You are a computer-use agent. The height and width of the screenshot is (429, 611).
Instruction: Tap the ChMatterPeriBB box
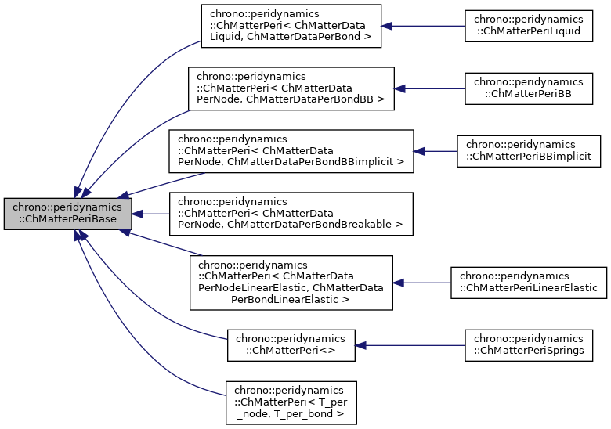[x=524, y=88]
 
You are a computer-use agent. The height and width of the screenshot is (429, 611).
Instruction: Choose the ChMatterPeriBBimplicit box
[x=529, y=150]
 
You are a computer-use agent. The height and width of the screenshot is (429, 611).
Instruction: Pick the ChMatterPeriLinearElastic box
[x=528, y=282]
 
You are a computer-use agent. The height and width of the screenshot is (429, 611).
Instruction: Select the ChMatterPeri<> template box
[x=291, y=344]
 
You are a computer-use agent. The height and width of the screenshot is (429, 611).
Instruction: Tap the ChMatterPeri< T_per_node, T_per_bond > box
[x=291, y=402]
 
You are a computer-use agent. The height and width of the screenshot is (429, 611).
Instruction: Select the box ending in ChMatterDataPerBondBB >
[x=291, y=88]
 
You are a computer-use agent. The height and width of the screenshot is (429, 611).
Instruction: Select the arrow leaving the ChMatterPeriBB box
[x=429, y=88]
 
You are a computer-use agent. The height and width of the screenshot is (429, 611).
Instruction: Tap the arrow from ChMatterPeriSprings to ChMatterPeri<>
[x=410, y=344]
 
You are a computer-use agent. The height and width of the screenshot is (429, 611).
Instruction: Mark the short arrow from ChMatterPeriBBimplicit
[x=436, y=150]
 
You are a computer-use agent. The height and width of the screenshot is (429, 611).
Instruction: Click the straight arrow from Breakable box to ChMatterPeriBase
[x=151, y=214]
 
